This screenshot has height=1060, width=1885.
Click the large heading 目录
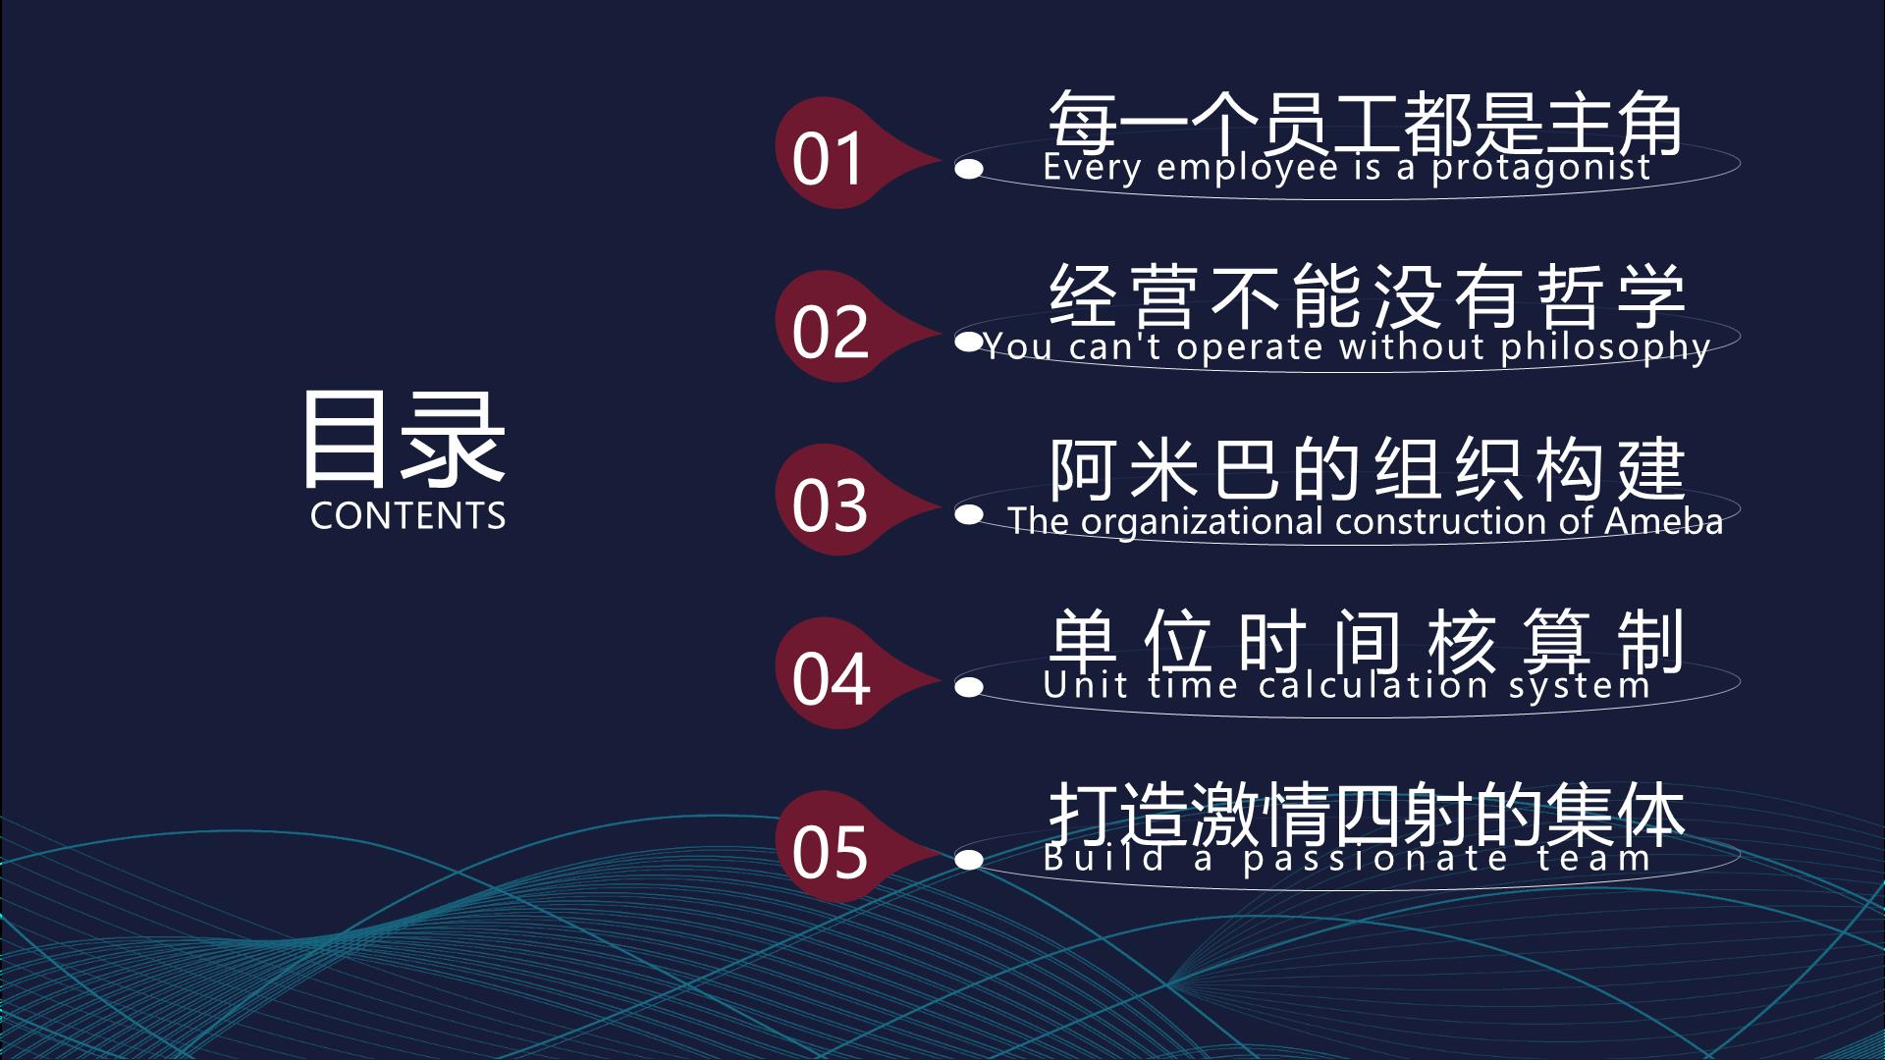[x=404, y=439]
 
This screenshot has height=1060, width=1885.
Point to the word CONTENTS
[x=407, y=515]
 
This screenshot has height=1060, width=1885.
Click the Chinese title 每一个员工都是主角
[x=1366, y=123]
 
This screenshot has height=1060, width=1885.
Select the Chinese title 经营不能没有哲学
[x=1366, y=296]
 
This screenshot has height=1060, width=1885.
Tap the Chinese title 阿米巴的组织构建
[x=1366, y=469]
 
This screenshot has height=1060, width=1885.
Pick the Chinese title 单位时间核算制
[x=1366, y=643]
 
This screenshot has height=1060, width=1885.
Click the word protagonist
[x=1541, y=169]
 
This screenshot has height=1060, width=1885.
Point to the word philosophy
[x=1606, y=348]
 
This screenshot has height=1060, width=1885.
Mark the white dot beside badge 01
[x=969, y=170]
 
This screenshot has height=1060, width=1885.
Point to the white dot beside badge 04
[x=969, y=687]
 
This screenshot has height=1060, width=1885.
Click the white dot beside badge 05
[x=969, y=861]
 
